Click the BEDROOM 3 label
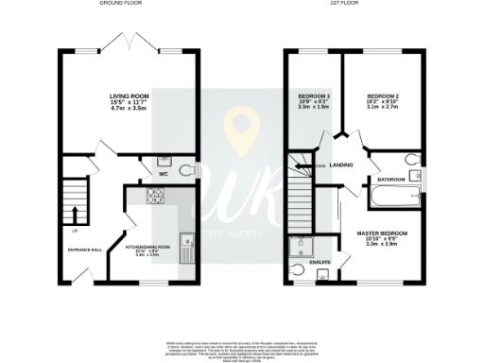(x=315, y=97)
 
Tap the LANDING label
(x=342, y=164)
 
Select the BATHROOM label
(x=391, y=178)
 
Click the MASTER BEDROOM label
(x=382, y=233)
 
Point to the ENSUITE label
(x=320, y=261)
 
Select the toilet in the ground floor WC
(x=184, y=170)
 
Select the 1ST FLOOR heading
(x=342, y=4)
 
